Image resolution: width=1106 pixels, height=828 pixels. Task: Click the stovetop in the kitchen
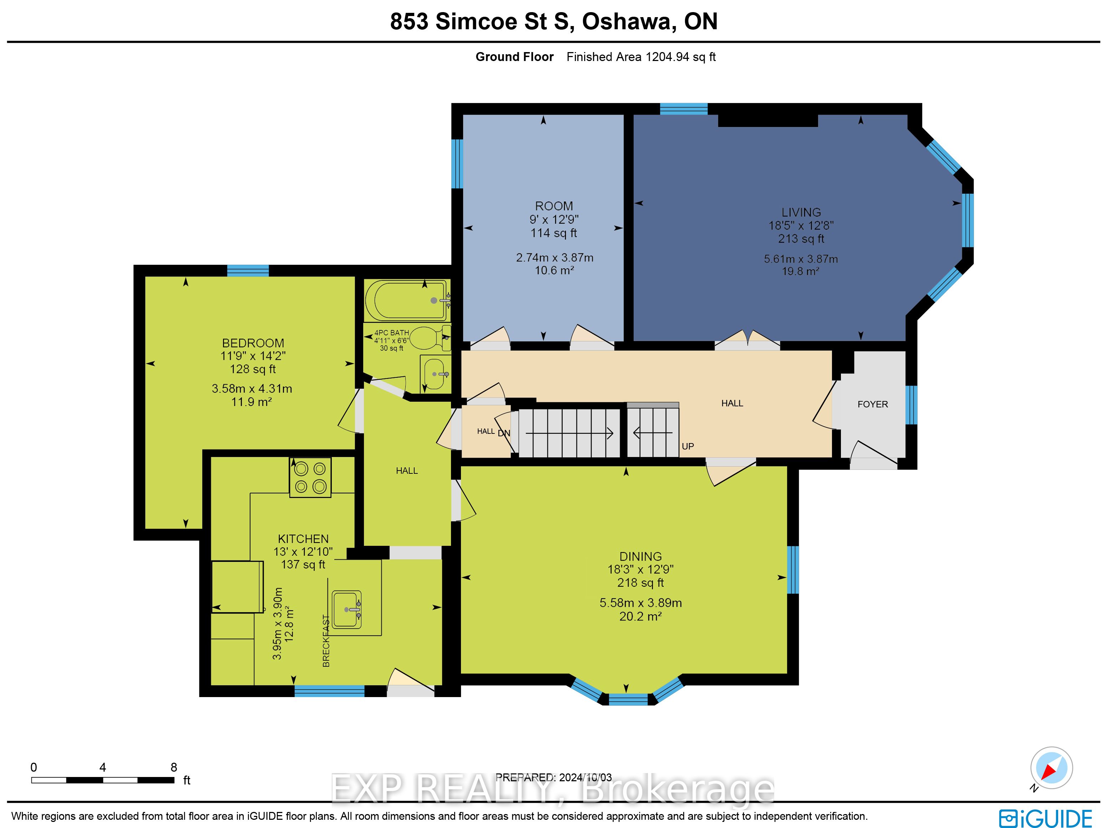coord(310,477)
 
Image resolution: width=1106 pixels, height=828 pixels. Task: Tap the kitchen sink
coord(346,609)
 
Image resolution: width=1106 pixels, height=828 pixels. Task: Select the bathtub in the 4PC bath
coord(406,300)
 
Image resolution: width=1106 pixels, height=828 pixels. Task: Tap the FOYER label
coord(873,404)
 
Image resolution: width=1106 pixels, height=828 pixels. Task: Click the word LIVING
coord(801,212)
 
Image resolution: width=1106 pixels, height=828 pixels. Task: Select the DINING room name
coord(640,556)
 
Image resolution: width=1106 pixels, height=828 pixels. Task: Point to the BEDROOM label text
coord(253,343)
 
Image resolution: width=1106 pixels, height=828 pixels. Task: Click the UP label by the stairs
coord(688,446)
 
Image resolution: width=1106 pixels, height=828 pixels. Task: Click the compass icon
coord(1051,767)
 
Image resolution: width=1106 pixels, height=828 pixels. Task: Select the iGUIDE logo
coord(1045,818)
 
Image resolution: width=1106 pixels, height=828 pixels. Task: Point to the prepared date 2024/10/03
coord(585,777)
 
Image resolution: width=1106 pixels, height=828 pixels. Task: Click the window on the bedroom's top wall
coord(248,270)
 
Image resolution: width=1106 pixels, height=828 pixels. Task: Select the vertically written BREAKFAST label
coord(326,640)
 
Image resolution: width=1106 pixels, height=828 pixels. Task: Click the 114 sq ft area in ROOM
coord(553,233)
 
